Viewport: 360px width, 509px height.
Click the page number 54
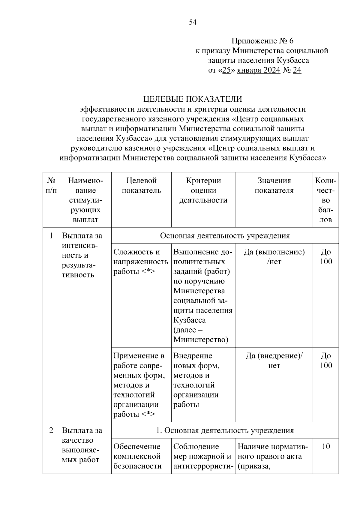193,22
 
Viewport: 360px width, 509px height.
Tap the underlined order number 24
297,70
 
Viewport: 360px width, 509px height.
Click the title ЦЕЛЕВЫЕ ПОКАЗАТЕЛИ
193,99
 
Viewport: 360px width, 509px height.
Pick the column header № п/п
51,185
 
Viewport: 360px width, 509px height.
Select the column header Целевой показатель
141,185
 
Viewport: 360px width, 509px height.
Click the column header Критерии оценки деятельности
203,190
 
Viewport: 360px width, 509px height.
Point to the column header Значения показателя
274,185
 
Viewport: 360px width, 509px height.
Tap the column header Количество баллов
326,200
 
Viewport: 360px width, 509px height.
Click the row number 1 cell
51,236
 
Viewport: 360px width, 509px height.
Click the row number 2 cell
51,430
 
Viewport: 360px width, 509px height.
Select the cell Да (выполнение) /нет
274,257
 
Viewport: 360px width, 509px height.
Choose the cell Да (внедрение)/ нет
274,361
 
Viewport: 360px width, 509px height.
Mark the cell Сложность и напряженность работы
141,262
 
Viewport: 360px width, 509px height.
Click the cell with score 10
326,447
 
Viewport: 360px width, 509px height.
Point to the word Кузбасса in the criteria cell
190,320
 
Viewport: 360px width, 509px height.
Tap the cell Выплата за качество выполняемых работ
82,445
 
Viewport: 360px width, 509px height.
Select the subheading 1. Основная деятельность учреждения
225,430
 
